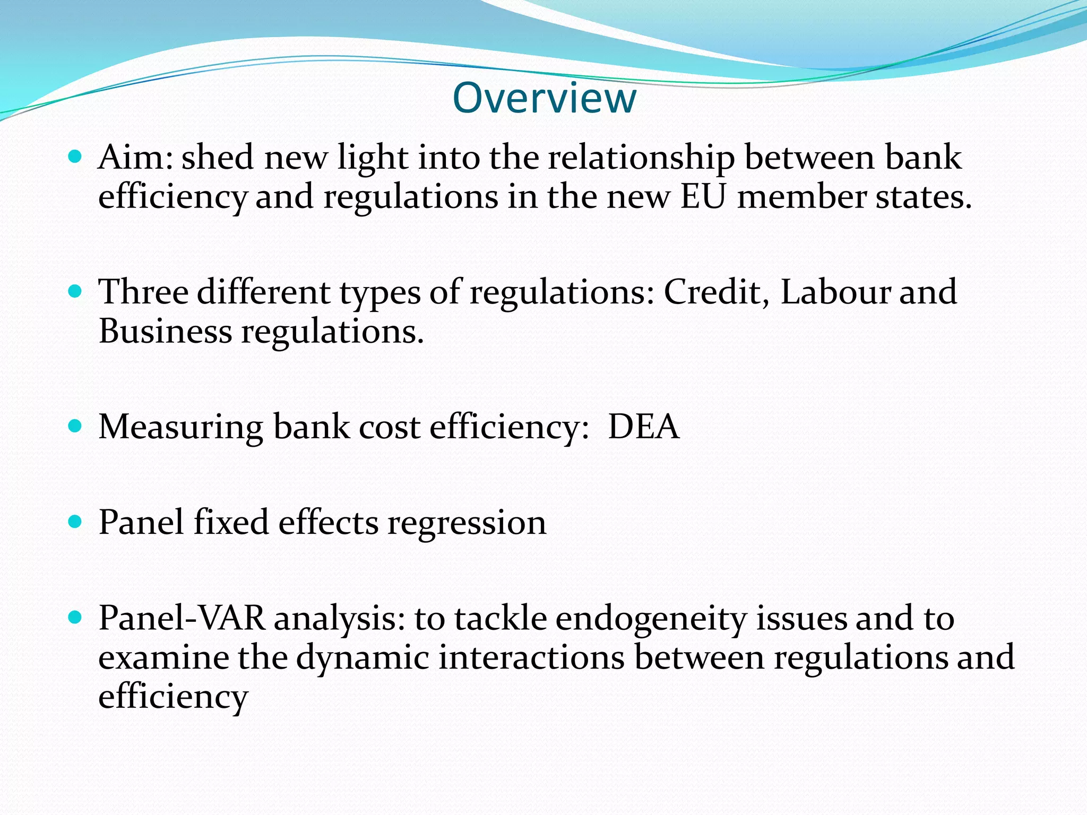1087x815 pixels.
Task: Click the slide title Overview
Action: tap(544, 99)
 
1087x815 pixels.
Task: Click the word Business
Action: tap(165, 332)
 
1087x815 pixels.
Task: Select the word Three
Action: tap(143, 292)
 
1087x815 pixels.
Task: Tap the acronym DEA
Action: tap(643, 427)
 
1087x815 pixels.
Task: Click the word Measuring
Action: tap(180, 428)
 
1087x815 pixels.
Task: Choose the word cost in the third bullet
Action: tap(389, 428)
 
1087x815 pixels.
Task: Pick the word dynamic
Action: tap(362, 658)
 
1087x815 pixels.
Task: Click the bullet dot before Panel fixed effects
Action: tap(75, 522)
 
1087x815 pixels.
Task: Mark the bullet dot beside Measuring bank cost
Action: tap(75, 427)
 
